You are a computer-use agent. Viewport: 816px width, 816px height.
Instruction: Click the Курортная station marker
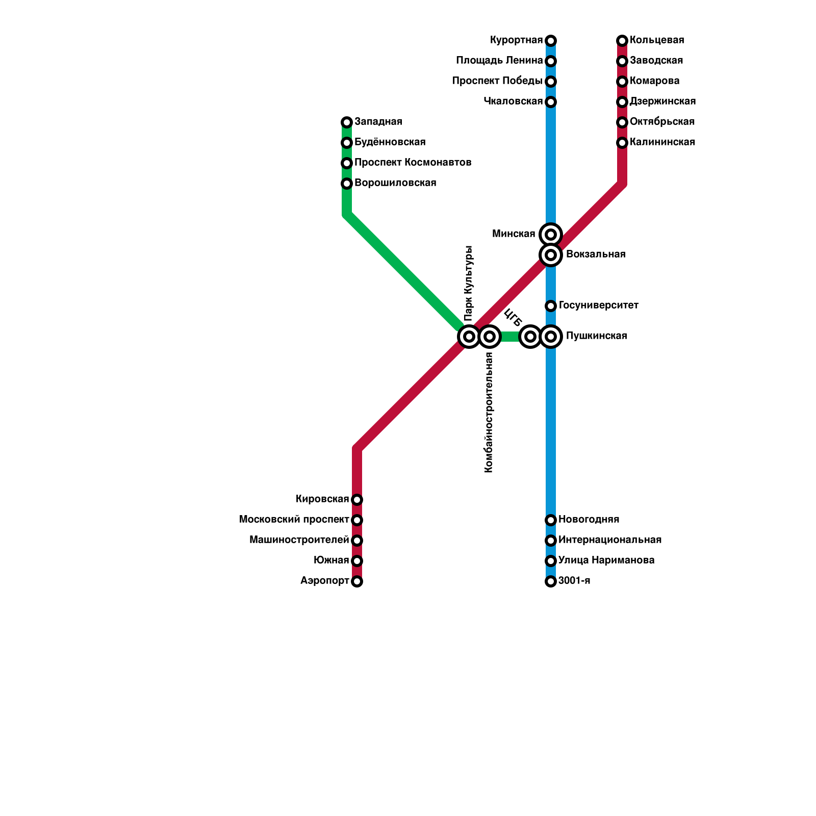coord(551,41)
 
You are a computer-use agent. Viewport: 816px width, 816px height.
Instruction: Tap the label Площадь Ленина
coord(499,61)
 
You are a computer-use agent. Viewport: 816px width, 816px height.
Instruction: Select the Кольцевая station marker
coord(622,41)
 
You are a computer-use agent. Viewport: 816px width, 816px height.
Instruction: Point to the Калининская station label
coord(662,142)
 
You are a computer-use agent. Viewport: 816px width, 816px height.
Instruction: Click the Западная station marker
coord(347,122)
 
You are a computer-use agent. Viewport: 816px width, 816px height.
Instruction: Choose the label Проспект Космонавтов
coord(413,163)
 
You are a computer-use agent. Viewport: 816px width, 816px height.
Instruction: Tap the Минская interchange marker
coord(551,235)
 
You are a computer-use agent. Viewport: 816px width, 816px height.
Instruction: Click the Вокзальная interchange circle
coord(551,254)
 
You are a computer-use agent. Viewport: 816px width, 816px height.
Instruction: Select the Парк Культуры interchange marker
coord(469,337)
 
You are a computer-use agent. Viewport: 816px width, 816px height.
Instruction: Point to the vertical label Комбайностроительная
coord(489,413)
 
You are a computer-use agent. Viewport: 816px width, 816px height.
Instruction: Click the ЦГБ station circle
coord(530,337)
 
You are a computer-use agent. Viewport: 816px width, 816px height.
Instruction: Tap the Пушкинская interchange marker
coord(551,337)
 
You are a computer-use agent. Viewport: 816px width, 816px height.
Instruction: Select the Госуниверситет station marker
coord(551,306)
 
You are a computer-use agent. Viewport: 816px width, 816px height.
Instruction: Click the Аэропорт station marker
coord(357,581)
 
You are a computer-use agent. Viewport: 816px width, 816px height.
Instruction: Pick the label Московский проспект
coord(294,520)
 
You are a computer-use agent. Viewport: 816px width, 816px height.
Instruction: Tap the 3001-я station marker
coord(551,581)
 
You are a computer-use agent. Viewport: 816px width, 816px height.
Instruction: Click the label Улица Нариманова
coord(606,560)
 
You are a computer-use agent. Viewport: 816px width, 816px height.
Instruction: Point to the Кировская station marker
coord(357,500)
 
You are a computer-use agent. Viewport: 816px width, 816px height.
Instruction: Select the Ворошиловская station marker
coord(347,184)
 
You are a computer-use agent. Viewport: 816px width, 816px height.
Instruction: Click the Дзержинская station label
coord(662,101)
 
